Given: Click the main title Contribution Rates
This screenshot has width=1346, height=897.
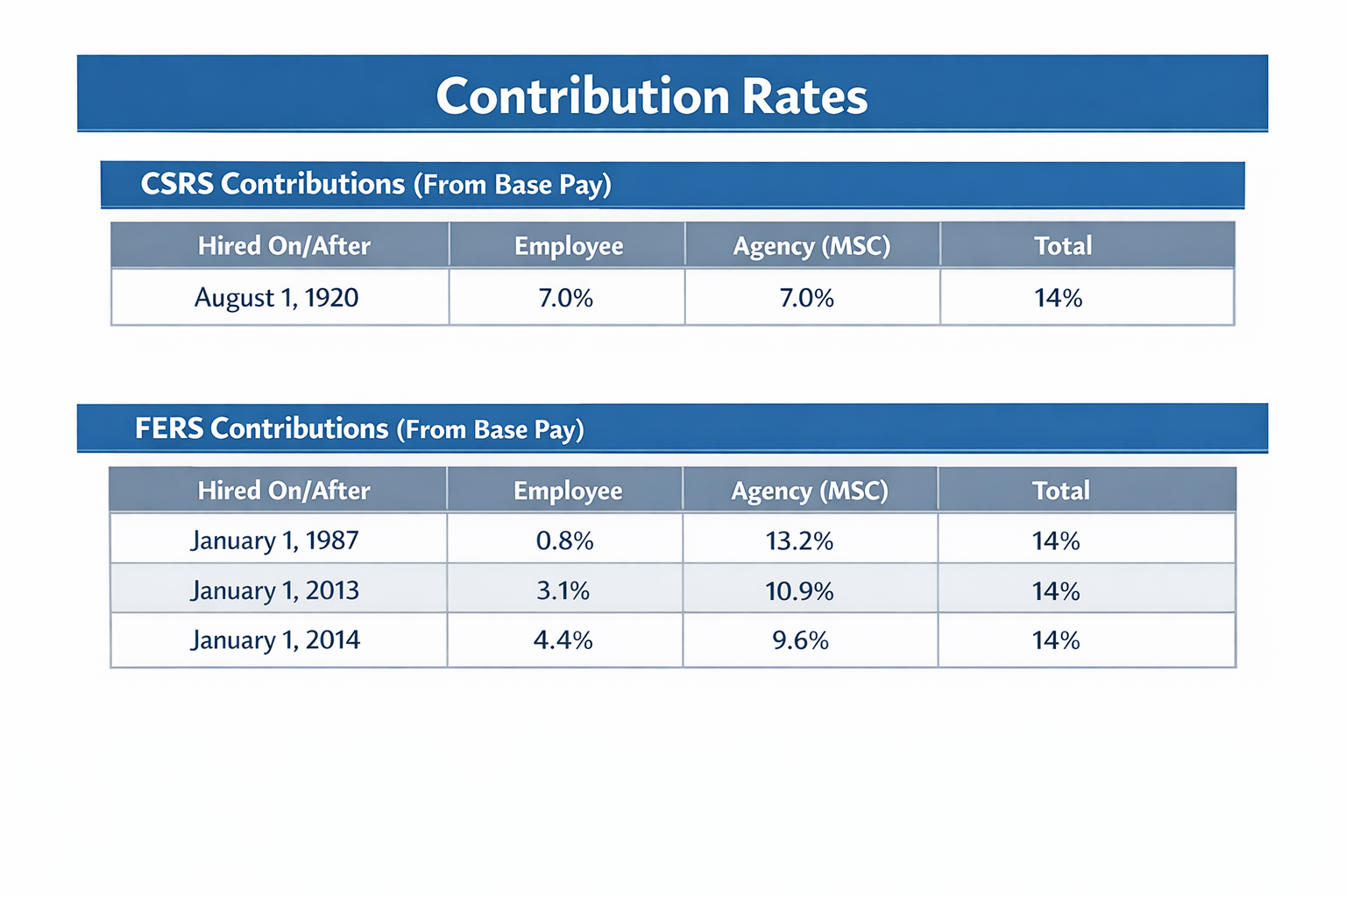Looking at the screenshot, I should click(x=651, y=95).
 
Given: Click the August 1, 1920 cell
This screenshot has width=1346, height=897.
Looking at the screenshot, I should click(x=276, y=298).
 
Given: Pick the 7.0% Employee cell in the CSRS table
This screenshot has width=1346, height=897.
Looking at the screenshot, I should click(x=565, y=298).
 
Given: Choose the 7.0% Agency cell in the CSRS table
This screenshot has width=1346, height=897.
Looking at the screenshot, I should click(x=806, y=298).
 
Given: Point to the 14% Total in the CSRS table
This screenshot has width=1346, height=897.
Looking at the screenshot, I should click(x=1058, y=298).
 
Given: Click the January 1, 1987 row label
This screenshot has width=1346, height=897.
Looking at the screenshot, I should click(x=274, y=540).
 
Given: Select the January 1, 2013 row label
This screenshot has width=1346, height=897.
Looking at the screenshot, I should click(x=274, y=590).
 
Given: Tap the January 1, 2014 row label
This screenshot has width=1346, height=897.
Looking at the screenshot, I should click(x=274, y=639).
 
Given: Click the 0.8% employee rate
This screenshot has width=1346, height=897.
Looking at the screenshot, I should click(x=564, y=540).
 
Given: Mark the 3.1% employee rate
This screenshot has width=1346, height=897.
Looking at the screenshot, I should click(x=563, y=590).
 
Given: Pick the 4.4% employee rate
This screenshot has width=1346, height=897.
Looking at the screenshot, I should click(x=563, y=640).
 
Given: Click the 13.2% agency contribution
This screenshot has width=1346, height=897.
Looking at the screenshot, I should click(x=799, y=540).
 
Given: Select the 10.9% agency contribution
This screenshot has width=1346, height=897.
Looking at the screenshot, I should click(x=799, y=590).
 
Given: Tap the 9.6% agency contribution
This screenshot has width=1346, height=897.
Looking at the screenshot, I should click(x=800, y=640).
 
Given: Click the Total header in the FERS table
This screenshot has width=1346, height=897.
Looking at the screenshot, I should click(x=1060, y=491).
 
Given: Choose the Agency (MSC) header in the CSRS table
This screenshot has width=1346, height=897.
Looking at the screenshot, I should click(x=811, y=246).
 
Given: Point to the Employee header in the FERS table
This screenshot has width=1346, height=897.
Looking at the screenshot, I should click(x=568, y=491).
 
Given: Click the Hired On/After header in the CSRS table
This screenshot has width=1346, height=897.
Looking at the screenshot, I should click(x=284, y=246).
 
